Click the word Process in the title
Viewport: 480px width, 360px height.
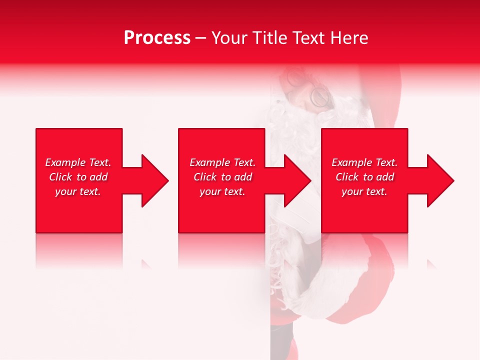(157, 38)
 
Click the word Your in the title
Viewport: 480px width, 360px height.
(230, 38)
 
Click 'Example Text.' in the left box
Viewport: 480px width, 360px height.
(78, 162)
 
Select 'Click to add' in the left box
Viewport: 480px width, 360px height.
(78, 177)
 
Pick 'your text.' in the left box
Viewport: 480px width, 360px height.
(78, 191)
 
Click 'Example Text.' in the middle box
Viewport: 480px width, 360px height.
(222, 162)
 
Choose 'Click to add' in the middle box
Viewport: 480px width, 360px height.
(222, 177)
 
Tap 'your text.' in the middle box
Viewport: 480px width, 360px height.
(222, 191)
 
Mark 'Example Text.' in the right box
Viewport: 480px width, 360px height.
(364, 162)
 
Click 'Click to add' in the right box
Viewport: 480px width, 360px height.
(364, 177)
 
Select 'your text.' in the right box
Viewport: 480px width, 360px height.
(364, 191)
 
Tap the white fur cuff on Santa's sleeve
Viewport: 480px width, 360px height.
(320, 295)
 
